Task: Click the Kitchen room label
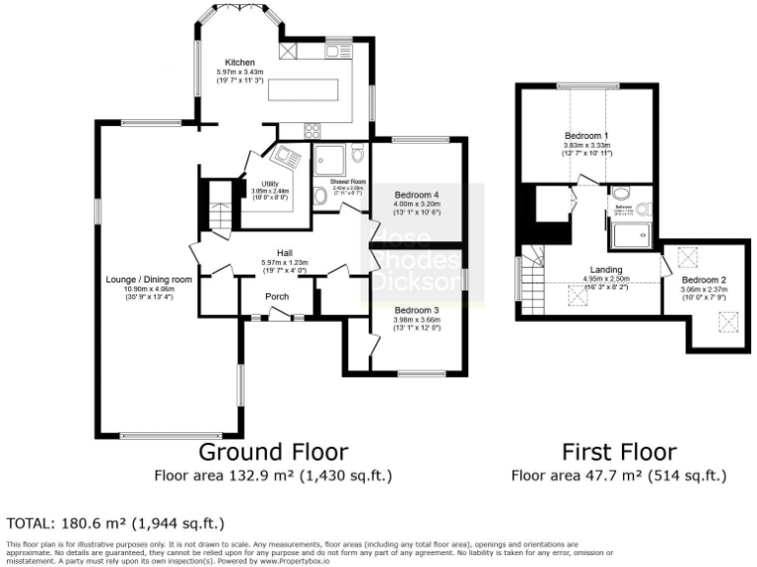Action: (240, 63)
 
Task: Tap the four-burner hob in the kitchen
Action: (314, 129)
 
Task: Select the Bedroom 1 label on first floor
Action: (586, 135)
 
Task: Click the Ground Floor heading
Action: (273, 452)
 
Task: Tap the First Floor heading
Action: (619, 452)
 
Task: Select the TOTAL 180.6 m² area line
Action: (115, 523)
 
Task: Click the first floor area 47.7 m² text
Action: (619, 476)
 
